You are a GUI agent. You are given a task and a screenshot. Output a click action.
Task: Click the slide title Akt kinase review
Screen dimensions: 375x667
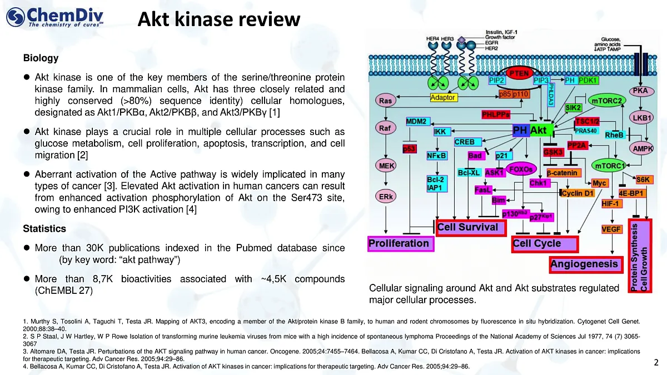pos(219,19)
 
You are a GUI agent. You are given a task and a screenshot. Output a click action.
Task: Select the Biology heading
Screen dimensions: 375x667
pos(41,58)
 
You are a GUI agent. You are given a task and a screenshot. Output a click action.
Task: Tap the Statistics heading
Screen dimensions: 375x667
pos(44,228)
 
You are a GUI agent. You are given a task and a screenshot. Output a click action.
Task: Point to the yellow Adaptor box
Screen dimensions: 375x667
pos(443,98)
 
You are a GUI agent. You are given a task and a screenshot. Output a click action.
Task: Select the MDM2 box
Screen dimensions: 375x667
pos(416,121)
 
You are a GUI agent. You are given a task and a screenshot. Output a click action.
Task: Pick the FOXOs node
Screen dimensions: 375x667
pos(521,169)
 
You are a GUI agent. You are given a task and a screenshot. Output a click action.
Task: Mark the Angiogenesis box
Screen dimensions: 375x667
pos(584,265)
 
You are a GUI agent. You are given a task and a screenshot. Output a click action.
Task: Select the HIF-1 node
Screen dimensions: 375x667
pos(613,203)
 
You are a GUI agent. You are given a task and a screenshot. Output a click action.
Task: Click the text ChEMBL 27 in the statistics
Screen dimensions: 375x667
pos(63,290)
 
